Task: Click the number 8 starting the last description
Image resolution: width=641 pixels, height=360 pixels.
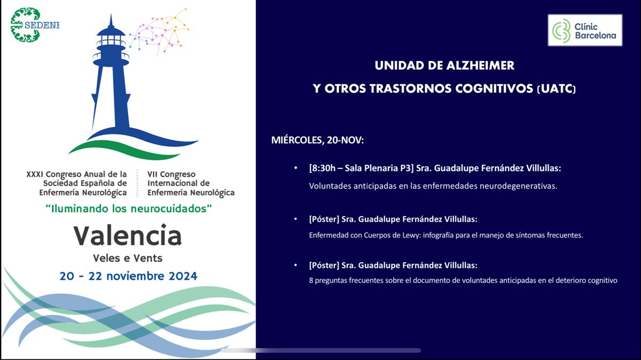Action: click(311, 280)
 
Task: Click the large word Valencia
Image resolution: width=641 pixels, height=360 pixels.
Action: click(128, 236)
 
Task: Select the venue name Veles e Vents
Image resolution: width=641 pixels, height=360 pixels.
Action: click(128, 259)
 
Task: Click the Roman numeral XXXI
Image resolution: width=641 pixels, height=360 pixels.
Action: click(35, 174)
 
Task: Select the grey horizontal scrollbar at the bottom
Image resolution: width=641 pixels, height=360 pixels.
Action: click(320, 350)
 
